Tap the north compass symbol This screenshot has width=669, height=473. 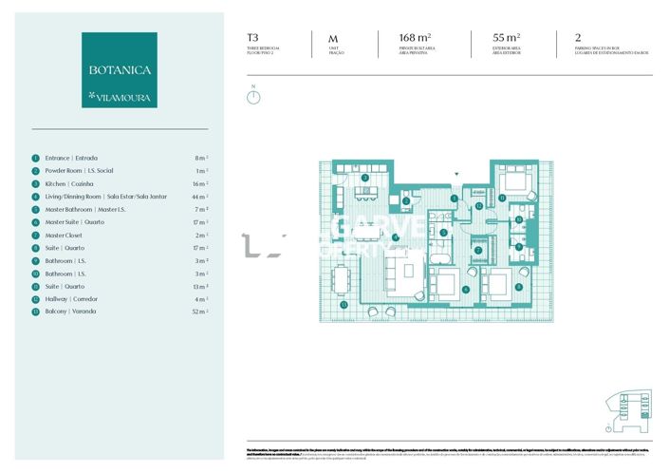click(253, 97)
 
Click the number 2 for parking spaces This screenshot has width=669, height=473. click(578, 40)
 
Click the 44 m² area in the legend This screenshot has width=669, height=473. click(199, 197)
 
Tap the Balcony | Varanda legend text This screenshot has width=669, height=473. click(70, 312)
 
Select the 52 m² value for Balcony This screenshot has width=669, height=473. click(199, 312)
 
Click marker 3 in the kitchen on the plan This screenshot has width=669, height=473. click(365, 178)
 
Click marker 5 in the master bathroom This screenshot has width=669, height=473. click(443, 232)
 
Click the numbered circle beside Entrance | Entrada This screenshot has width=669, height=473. click(35, 158)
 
